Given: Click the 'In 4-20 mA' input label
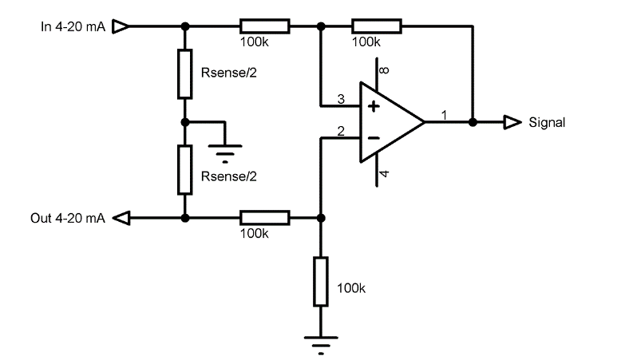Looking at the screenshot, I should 72,26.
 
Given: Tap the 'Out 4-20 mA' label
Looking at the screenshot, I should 68,218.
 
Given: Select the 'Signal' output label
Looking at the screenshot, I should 547,123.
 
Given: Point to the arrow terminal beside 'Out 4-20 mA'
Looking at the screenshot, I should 121,217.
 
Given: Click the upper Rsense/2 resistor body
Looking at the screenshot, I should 184,73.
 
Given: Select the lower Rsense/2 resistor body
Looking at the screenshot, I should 184,169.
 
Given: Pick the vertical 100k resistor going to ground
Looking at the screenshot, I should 320,282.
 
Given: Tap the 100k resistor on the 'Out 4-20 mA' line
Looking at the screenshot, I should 264,217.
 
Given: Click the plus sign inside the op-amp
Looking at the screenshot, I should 372,106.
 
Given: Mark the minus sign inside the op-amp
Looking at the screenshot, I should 372,137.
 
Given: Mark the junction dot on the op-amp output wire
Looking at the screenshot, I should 473,122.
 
